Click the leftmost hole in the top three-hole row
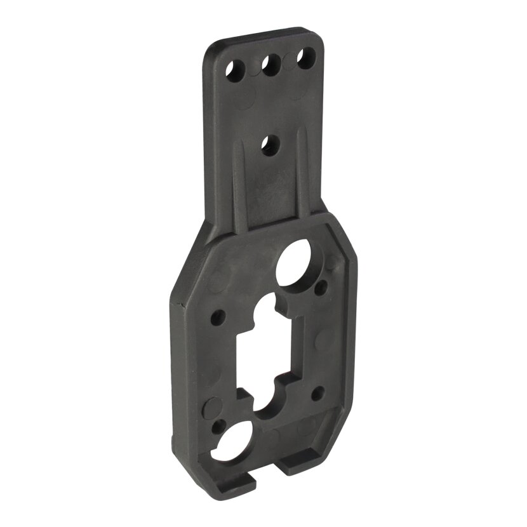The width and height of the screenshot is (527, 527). click(236, 70)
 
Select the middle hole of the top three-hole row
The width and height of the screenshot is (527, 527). click(271, 64)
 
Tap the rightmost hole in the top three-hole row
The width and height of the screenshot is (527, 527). click(307, 59)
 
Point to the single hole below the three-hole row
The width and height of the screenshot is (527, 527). click(270, 145)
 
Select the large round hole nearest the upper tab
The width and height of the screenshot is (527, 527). click(295, 262)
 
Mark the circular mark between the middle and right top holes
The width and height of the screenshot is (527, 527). click(289, 58)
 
